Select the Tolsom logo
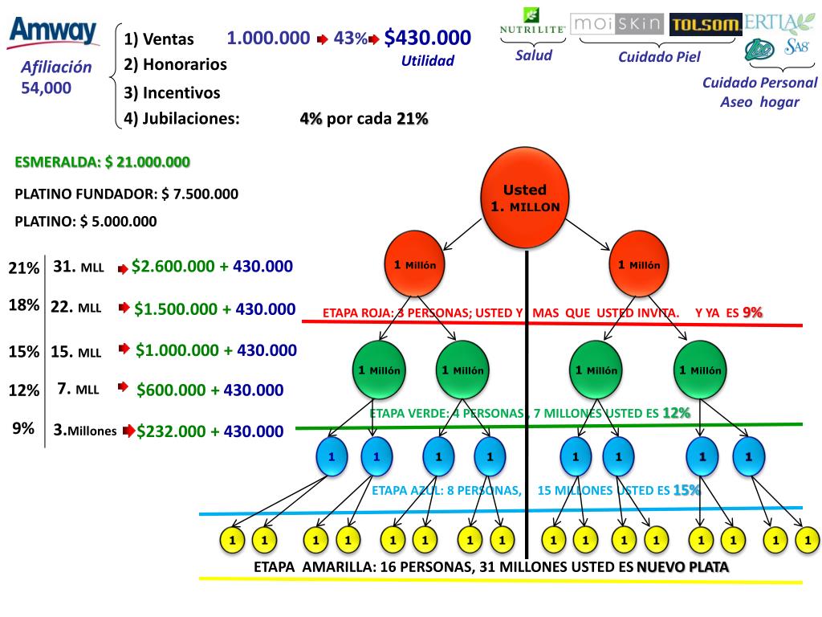pos(706,25)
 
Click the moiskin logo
pos(617,22)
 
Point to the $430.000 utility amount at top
pos(427,38)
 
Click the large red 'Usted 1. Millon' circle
pos(525,198)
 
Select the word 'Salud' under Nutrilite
pos(534,55)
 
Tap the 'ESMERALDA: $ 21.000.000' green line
pos(103,162)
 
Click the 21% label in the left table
pos(23,268)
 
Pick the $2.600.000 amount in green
pos(172,267)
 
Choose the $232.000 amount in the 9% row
pos(171,431)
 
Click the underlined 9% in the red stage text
pos(752,313)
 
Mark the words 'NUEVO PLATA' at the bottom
pos(682,567)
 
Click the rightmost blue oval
pos(748,456)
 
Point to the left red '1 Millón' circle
pos(414,265)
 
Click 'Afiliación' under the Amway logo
pos(57,68)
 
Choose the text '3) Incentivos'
pos(172,92)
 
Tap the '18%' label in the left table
pos(23,305)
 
